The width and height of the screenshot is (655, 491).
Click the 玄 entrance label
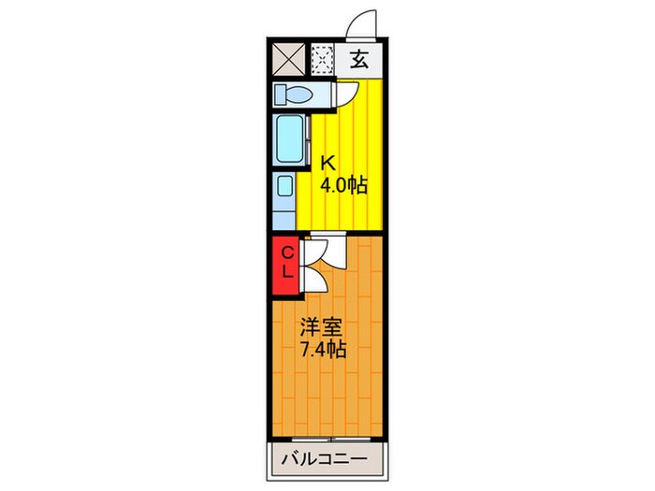point(359,63)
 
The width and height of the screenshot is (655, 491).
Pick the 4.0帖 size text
point(342,185)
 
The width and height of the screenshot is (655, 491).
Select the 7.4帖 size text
point(323,351)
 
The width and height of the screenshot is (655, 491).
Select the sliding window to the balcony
point(332,437)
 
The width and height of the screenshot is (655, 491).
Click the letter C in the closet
point(288,253)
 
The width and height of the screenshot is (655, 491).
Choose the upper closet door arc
point(313,251)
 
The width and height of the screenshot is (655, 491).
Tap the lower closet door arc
point(313,278)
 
